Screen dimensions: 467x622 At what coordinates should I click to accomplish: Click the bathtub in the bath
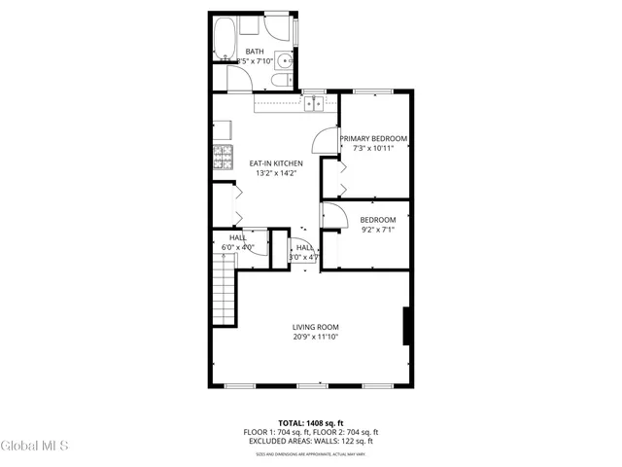[x=225, y=38]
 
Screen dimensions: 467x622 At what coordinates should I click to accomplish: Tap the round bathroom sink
[x=282, y=60]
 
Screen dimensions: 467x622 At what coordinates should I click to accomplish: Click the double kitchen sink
[x=314, y=101]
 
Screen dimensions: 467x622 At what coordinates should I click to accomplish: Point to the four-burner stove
[x=223, y=154]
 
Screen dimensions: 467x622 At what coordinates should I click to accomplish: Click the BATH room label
[x=255, y=52]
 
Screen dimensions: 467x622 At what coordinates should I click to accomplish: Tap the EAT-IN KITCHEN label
[x=276, y=163]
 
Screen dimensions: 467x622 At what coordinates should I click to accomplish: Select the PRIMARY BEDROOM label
[x=373, y=138]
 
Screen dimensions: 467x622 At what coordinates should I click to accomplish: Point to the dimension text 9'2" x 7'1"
[x=378, y=231]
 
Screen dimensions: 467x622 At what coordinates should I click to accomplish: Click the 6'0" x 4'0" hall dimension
[x=238, y=248]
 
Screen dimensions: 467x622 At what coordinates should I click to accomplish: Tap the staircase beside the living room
[x=225, y=296]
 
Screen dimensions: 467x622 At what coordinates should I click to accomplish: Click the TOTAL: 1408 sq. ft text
[x=311, y=422]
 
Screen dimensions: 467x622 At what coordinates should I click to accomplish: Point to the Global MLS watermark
[x=35, y=447]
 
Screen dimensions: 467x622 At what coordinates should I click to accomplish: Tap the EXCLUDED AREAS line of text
[x=311, y=441]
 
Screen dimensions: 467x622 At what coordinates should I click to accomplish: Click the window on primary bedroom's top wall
[x=372, y=91]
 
